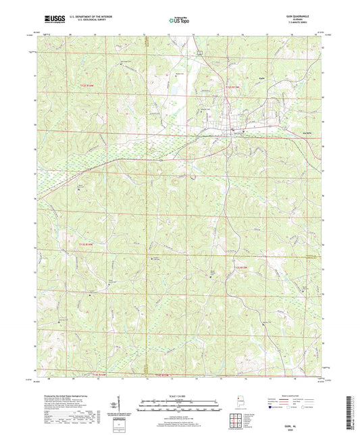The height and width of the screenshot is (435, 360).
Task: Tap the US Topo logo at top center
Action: [x=178, y=21]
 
